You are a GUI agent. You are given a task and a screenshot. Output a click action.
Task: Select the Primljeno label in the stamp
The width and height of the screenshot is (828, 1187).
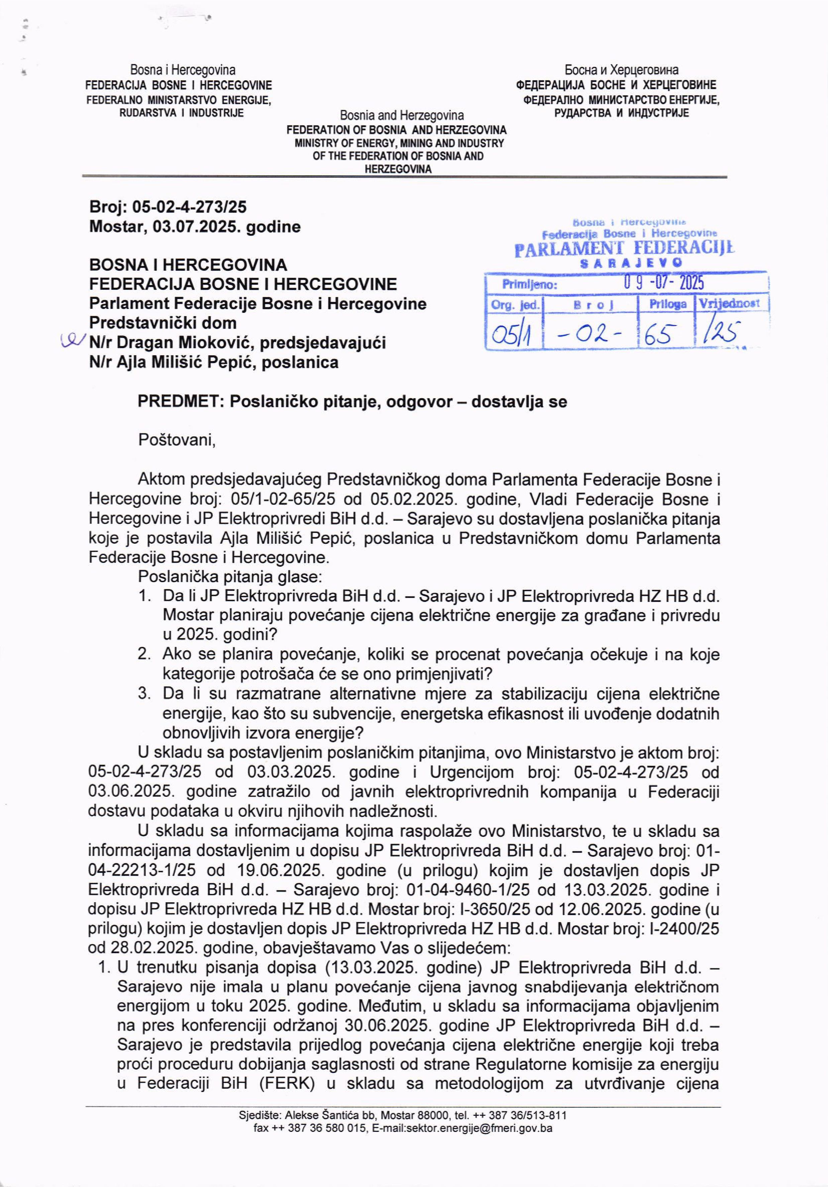[529, 285]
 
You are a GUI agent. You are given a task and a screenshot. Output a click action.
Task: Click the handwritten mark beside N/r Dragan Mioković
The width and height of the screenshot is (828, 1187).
[71, 341]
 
